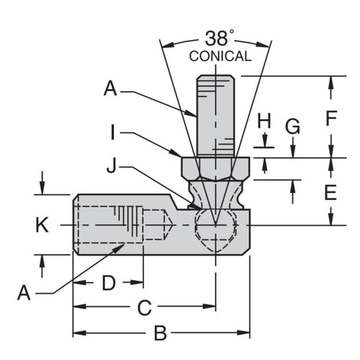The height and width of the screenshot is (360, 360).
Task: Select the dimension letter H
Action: coord(264,121)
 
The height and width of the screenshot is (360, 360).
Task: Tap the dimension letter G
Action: coord(292,127)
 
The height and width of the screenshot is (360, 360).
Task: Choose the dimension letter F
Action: coord(331,118)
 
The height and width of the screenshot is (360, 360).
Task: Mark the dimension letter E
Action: coord(331,192)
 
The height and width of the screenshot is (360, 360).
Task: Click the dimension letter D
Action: coord(108,283)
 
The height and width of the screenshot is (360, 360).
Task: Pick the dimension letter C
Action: coord(144,309)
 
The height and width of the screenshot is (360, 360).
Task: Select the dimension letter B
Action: coord(161,333)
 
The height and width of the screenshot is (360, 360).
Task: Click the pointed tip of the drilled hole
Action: coord(169,225)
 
